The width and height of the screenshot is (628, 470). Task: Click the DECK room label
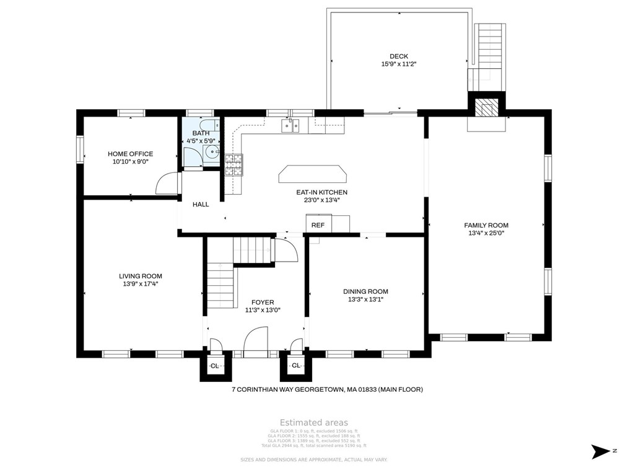(x=398, y=56)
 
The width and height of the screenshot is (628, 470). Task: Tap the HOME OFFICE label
(x=130, y=154)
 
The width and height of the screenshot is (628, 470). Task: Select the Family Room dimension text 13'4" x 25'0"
(x=486, y=234)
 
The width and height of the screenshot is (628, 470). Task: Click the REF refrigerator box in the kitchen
(x=318, y=225)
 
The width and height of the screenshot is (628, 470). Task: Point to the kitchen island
(x=313, y=174)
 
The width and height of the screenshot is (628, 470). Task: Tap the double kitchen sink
(x=290, y=126)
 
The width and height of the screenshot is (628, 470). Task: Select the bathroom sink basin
(x=213, y=151)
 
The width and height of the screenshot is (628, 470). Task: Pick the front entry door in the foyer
(x=255, y=342)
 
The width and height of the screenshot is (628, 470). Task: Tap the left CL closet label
(x=214, y=366)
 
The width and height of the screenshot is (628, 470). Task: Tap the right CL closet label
(x=296, y=366)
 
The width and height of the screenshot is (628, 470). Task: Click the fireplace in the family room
(x=486, y=109)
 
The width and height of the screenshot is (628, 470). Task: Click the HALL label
(x=201, y=204)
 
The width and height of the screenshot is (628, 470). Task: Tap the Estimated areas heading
(x=313, y=422)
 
